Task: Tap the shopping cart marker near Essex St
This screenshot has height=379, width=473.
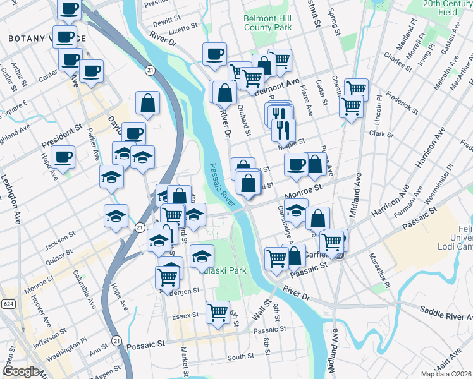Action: [218, 311]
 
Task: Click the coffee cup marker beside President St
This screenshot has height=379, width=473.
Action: [63, 157]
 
